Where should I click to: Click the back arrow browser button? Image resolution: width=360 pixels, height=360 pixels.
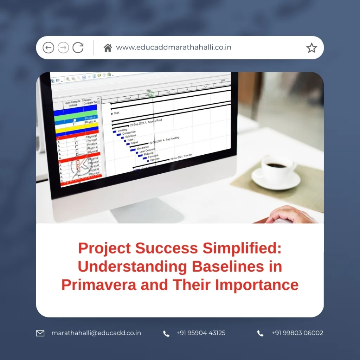tap(48, 47)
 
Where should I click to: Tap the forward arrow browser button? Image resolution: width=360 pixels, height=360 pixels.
tap(63, 47)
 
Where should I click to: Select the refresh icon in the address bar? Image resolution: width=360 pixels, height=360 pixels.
tap(78, 47)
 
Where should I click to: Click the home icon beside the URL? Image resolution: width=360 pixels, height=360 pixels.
tap(108, 48)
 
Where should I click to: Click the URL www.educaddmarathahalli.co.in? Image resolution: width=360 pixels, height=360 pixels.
tap(173, 47)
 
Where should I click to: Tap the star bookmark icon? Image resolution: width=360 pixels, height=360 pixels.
tap(311, 48)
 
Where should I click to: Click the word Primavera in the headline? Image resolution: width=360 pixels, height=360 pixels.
tap(99, 284)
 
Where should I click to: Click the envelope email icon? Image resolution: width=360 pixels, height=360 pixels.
tap(40, 333)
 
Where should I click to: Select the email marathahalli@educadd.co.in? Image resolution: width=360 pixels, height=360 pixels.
tap(96, 333)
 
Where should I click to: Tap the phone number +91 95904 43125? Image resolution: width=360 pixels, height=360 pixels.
tap(201, 333)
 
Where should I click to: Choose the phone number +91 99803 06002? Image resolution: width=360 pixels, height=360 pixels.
tap(297, 333)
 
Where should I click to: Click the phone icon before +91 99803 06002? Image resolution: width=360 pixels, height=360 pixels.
tap(260, 333)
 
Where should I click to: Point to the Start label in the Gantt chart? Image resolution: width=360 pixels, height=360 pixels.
tap(116, 113)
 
